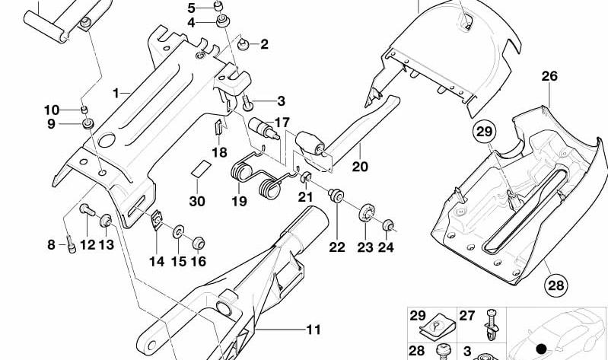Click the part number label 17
282,123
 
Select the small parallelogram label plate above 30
201,169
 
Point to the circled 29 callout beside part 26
484,132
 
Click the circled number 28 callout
555,285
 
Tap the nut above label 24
388,225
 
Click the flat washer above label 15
179,232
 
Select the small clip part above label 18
218,127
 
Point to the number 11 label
314,330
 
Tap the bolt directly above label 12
88,210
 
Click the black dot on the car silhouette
541,349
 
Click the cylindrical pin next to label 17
264,128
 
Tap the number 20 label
359,166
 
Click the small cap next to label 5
218,6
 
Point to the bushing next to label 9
88,124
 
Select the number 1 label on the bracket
116,93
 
